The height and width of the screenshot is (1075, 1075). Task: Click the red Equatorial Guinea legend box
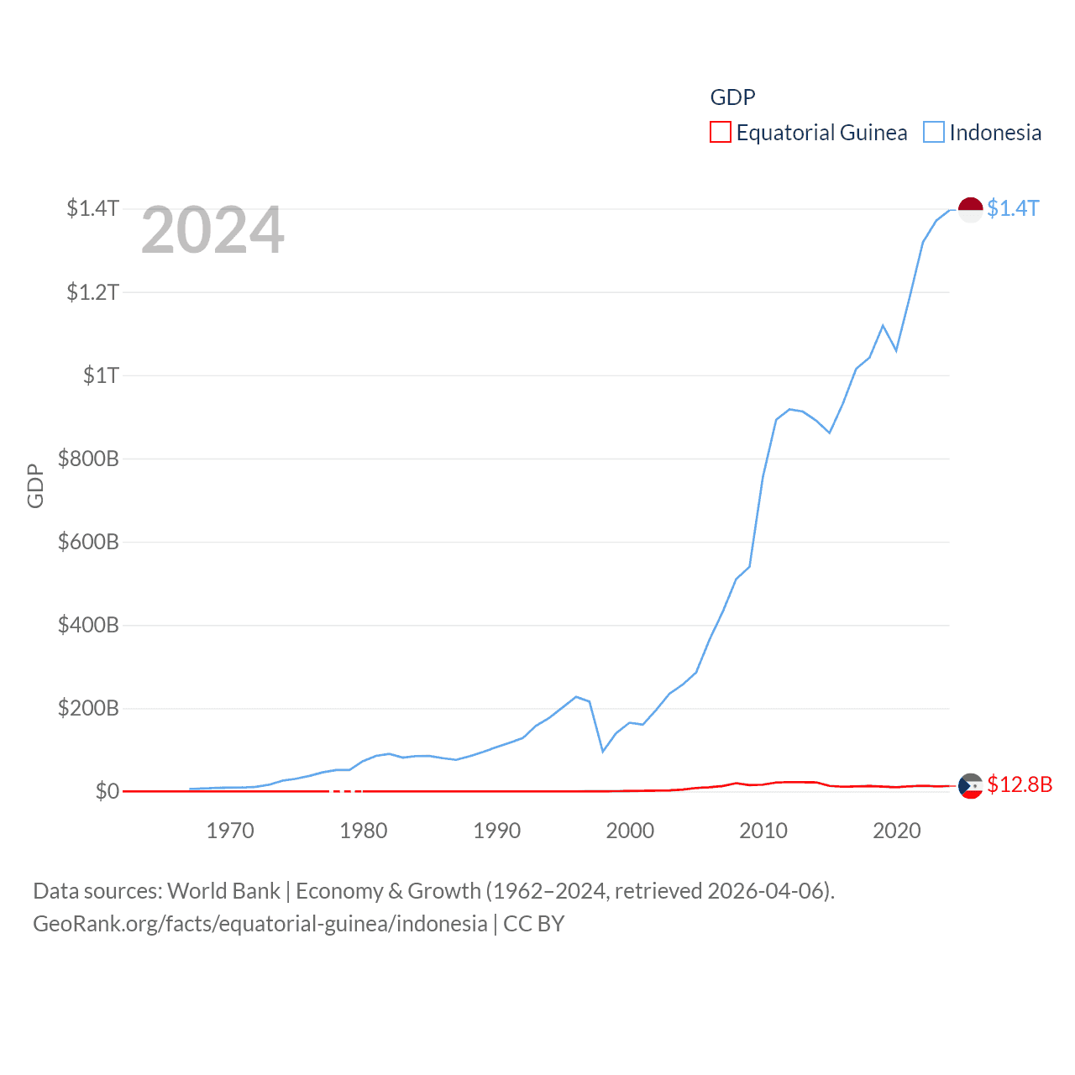click(721, 132)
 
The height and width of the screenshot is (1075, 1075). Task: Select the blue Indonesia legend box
click(934, 132)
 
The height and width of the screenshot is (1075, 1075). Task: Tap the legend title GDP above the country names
click(732, 97)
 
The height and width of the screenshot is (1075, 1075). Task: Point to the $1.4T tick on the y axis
click(92, 208)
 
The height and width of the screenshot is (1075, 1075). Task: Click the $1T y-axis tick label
click(101, 375)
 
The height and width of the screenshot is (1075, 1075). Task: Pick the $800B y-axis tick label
click(88, 459)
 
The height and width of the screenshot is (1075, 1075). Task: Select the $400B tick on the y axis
click(88, 625)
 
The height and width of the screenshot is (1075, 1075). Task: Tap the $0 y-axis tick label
click(107, 791)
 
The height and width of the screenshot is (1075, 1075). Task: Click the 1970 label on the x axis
click(230, 831)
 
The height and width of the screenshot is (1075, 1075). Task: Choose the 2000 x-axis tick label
click(630, 831)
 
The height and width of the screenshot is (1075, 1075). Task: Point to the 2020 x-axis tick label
click(897, 831)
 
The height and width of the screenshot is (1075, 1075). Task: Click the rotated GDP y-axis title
click(35, 485)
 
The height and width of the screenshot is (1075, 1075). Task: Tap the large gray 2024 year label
click(212, 230)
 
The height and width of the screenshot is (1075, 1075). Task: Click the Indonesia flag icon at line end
click(970, 209)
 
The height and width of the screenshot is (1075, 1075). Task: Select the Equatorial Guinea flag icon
click(970, 785)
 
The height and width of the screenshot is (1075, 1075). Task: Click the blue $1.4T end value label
click(1013, 208)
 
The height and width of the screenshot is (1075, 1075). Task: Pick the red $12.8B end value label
click(1020, 784)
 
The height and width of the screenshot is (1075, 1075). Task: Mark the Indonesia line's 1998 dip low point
click(603, 751)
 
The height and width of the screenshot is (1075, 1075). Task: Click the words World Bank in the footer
click(223, 890)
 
